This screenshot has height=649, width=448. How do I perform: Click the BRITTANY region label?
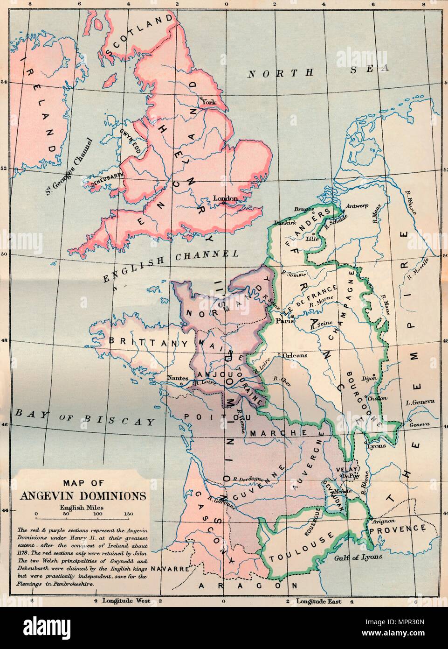146,341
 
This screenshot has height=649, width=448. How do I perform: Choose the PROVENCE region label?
398,529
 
